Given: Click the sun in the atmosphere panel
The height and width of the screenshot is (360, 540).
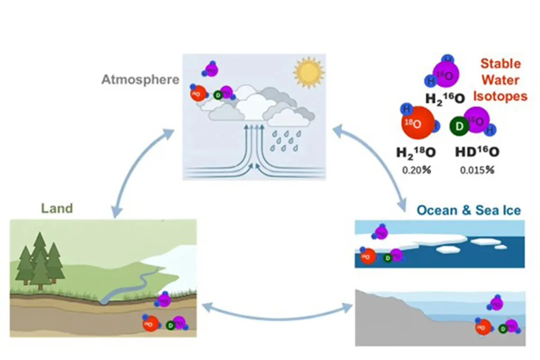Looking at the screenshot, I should pos(308,71).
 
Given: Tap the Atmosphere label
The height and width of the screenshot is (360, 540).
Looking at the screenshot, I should pos(140,80).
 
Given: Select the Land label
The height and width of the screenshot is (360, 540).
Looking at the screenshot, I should pos(57,208).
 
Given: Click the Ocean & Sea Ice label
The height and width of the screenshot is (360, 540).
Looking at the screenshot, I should pos(468,210).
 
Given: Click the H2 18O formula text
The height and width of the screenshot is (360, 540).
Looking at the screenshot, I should pos(416,153).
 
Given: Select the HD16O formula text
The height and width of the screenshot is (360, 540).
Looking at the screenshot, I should pos(477,153).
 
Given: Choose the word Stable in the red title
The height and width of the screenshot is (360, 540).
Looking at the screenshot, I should pos(500,64).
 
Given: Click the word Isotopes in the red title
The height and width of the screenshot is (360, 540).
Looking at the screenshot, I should pos(500,96).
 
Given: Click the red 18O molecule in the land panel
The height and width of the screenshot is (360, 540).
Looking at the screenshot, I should pos(151,324).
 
